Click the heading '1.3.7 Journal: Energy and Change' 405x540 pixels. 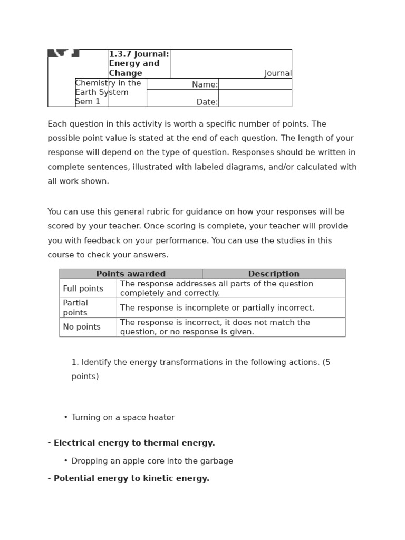click(x=139, y=63)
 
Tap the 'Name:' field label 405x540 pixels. click(x=205, y=84)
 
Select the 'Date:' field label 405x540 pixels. click(x=207, y=102)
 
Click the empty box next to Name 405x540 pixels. click(x=255, y=84)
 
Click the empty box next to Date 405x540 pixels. click(x=255, y=98)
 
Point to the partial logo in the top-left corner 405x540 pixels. click(x=63, y=53)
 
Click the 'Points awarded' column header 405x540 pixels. click(x=131, y=274)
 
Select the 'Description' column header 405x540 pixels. click(x=274, y=274)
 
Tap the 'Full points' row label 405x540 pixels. click(x=82, y=288)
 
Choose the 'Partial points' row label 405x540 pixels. click(x=75, y=307)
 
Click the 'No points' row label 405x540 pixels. click(x=81, y=327)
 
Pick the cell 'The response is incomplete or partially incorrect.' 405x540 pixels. click(x=217, y=307)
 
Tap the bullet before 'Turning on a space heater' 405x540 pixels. click(x=66, y=417)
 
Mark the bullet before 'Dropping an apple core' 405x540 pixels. click(x=66, y=461)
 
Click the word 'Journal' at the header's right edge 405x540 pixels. click(x=278, y=73)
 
